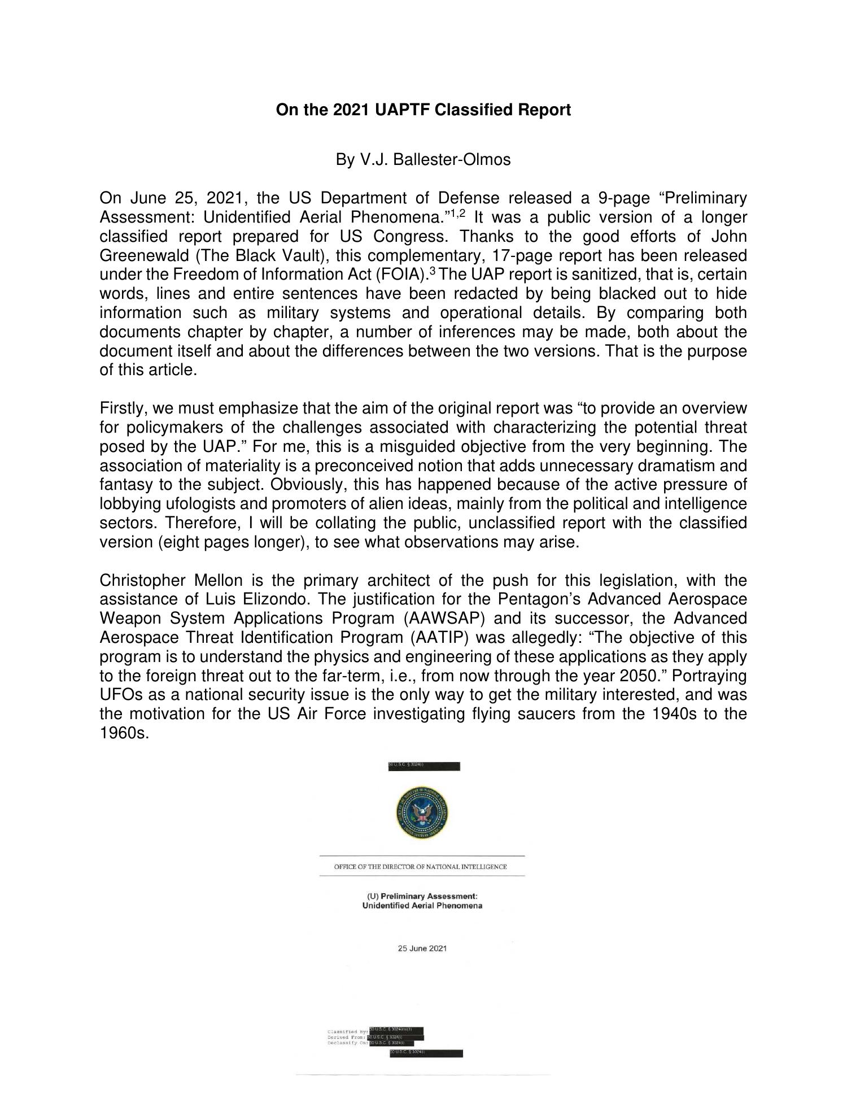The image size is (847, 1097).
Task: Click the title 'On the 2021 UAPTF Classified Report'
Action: click(x=423, y=110)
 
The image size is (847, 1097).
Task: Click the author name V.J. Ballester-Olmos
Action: click(x=423, y=160)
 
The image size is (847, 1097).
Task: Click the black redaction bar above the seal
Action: click(x=424, y=766)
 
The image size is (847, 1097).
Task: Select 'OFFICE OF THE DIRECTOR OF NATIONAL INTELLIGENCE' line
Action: click(x=421, y=867)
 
